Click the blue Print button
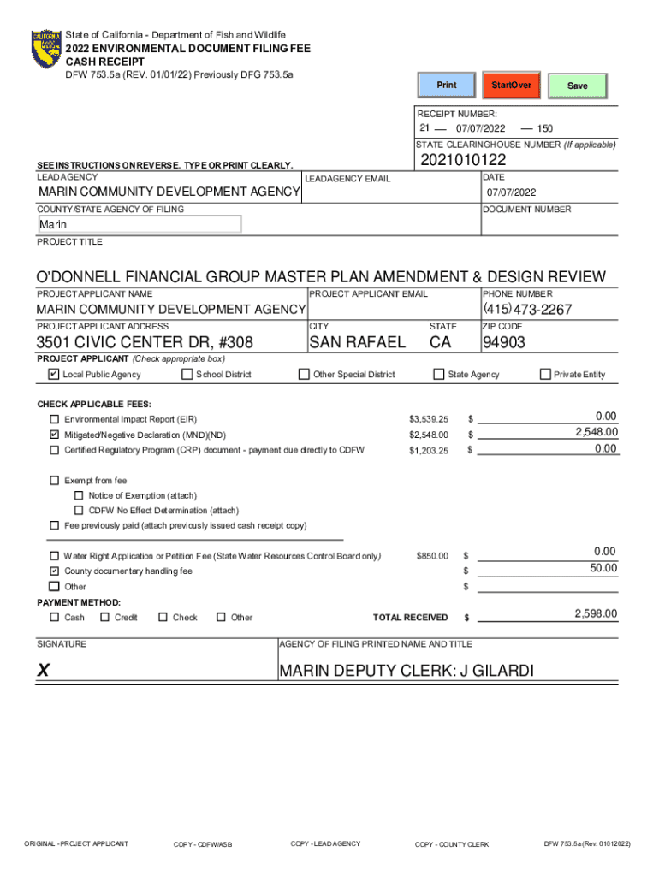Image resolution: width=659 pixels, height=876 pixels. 447,86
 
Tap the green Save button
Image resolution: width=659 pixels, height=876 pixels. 578,86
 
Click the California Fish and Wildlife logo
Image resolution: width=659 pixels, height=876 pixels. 46,50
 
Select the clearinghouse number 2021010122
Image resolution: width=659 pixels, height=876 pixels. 463,161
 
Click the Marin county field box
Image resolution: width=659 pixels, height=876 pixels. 139,224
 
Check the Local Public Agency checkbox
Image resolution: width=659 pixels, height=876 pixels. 54,374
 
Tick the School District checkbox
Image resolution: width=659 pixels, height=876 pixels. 187,374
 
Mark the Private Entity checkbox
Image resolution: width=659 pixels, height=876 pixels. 545,374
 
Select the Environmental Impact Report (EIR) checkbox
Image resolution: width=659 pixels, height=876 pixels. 55,420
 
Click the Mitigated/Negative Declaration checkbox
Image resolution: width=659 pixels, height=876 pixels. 55,435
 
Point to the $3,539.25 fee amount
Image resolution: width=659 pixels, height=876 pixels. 429,420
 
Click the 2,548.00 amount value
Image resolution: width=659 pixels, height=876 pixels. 597,433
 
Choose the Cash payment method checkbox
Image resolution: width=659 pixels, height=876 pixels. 55,617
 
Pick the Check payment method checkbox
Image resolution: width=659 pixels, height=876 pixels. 163,617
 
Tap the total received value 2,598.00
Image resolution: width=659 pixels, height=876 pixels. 597,614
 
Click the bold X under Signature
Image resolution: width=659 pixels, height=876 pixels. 43,672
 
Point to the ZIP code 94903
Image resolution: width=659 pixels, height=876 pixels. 504,343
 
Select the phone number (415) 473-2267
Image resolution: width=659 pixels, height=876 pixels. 528,310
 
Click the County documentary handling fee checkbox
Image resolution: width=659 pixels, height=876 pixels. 55,571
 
